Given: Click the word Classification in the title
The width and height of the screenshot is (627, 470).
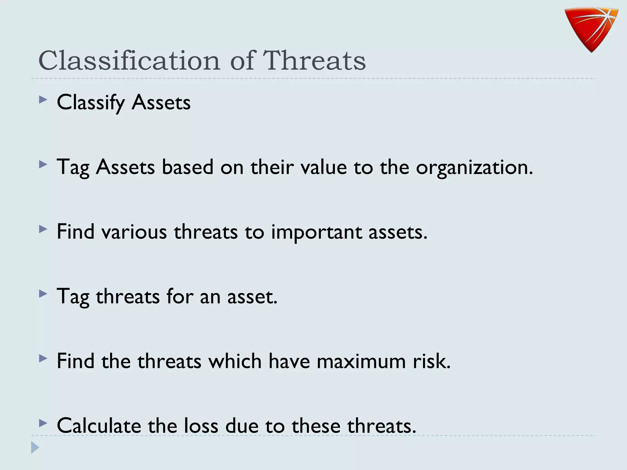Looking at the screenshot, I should [x=129, y=60].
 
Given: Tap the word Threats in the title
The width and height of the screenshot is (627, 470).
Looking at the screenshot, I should [x=314, y=60].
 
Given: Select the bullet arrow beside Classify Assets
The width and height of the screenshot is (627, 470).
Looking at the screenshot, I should [x=43, y=100].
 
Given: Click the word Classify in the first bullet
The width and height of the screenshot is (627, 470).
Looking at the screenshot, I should [x=91, y=103].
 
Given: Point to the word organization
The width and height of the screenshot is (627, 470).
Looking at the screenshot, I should [x=474, y=168].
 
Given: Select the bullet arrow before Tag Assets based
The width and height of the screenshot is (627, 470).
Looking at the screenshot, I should [x=43, y=165].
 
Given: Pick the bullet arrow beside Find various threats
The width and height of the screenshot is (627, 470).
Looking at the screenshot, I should [x=43, y=229].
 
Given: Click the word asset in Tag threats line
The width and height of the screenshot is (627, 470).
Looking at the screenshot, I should [x=252, y=297].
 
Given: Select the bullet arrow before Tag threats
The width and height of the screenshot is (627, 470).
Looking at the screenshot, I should [x=43, y=294].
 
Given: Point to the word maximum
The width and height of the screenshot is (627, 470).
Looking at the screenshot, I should [x=361, y=361].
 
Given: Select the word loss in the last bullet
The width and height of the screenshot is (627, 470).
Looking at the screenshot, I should [x=201, y=426].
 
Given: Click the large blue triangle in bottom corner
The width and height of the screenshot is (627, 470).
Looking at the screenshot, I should [x=35, y=447].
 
